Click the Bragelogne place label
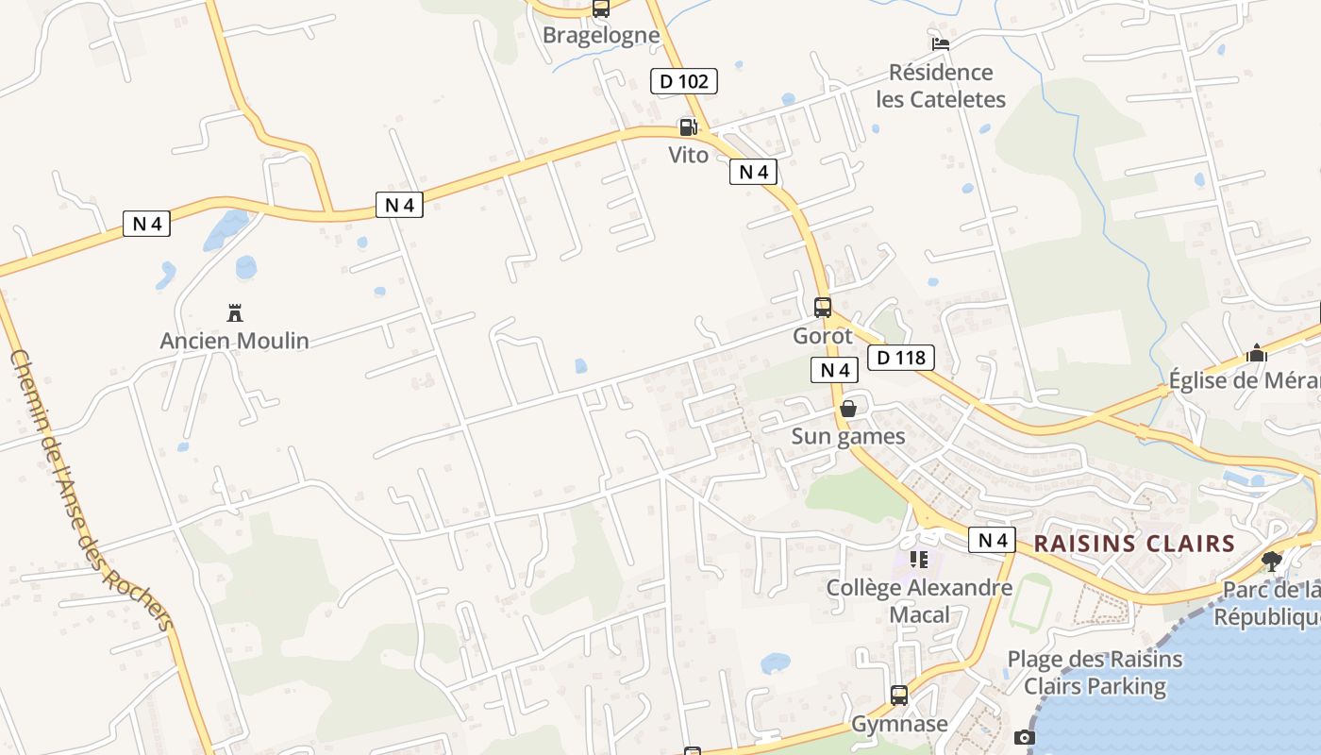(x=601, y=36)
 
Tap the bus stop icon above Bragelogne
(x=601, y=8)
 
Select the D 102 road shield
(x=684, y=81)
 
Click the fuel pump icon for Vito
(x=689, y=127)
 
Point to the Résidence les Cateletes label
(x=941, y=86)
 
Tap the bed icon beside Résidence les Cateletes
(x=940, y=43)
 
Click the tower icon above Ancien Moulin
(x=235, y=312)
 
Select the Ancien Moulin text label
(x=235, y=341)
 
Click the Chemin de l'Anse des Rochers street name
(x=92, y=491)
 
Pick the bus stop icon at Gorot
(x=823, y=307)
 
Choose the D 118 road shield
(x=901, y=358)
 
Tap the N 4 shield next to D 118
(x=834, y=370)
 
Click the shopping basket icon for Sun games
(x=848, y=408)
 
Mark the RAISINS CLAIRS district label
(x=1134, y=544)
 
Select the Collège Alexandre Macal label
(x=919, y=601)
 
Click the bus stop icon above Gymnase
(x=899, y=696)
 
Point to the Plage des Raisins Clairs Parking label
(x=1095, y=672)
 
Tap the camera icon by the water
(x=1025, y=737)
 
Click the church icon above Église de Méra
(x=1257, y=353)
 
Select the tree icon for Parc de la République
(x=1272, y=562)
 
